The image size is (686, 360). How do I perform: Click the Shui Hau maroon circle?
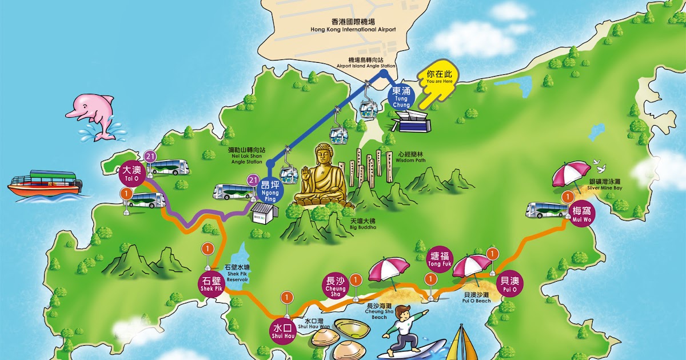(x=283, y=331)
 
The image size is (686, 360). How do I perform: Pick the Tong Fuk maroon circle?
(x=440, y=259)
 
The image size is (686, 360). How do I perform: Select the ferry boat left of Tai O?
(x=45, y=183)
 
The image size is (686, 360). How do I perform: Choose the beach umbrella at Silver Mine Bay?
(x=571, y=174)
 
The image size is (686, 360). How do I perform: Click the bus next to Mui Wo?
(x=547, y=210)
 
